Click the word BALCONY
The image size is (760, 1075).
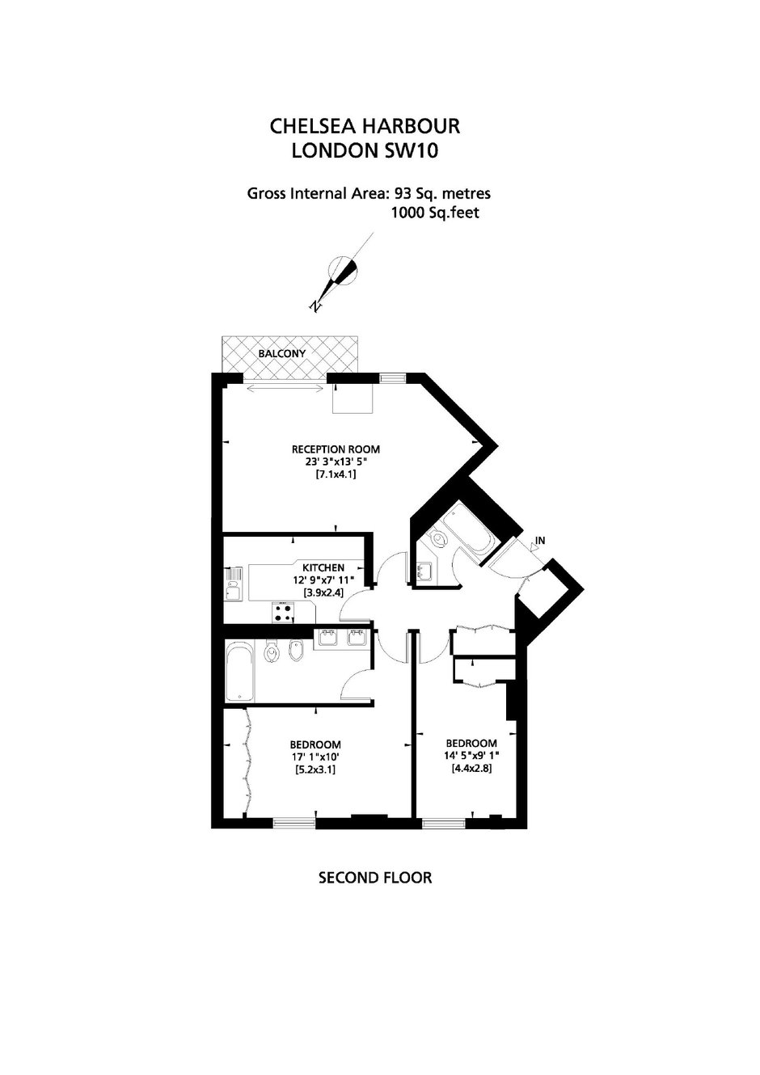[x=282, y=354]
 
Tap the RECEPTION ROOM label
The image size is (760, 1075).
[x=336, y=449]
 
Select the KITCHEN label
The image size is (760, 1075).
[x=323, y=567]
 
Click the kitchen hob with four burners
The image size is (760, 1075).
[x=284, y=612]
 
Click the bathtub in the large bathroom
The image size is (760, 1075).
[x=240, y=672]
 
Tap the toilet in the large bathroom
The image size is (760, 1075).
[x=272, y=653]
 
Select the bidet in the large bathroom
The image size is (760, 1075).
[x=296, y=651]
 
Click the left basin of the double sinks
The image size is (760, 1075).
[x=329, y=638]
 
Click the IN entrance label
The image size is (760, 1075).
[x=540, y=541]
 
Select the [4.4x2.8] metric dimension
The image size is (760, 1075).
[x=471, y=769]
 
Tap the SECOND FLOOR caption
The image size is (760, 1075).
[x=375, y=879]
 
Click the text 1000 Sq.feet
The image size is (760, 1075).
[x=435, y=213]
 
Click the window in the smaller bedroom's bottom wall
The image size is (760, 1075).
[x=444, y=824]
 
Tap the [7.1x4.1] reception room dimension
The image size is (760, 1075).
[x=336, y=474]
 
